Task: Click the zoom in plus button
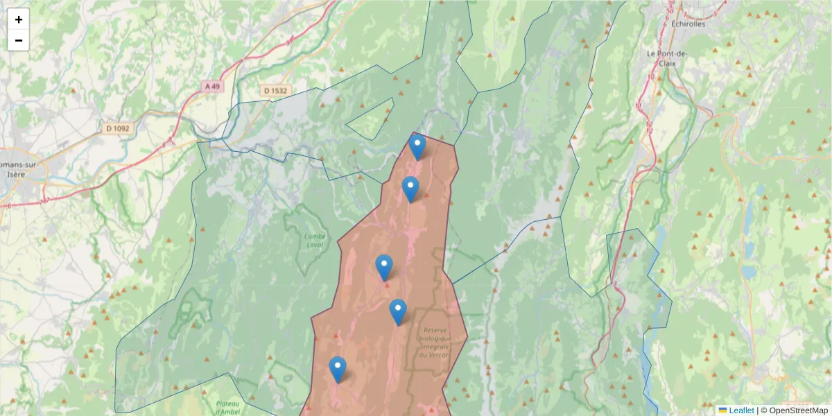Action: [x=19, y=19]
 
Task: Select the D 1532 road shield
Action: [x=275, y=91]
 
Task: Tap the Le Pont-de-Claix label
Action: [x=666, y=58]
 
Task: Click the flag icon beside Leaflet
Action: [x=722, y=410]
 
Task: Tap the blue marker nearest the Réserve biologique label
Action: [x=397, y=312]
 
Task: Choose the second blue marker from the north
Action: [x=410, y=189]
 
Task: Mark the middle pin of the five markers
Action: [x=384, y=268]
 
